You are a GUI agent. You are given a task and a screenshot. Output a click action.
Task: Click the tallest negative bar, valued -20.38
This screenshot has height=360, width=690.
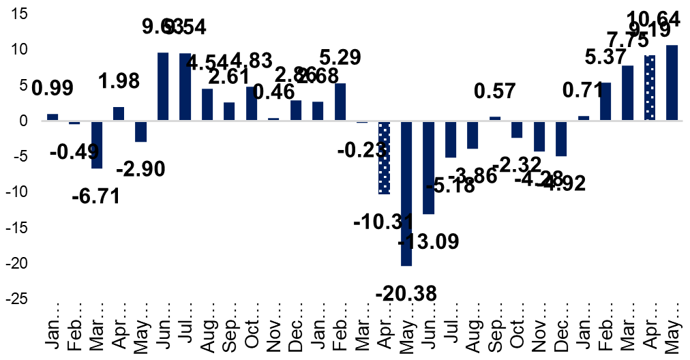pos(406,194)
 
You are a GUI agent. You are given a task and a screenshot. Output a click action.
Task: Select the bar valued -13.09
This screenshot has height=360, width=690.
pos(428,168)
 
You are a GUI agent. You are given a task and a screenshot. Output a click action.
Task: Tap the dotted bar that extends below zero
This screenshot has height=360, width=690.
pos(385,158)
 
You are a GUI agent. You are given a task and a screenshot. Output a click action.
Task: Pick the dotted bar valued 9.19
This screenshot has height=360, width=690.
pos(650,88)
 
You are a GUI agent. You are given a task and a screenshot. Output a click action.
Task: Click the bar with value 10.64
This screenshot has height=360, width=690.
pos(672,83)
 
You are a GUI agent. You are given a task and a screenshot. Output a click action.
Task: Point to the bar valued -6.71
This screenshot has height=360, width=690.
pos(96,145)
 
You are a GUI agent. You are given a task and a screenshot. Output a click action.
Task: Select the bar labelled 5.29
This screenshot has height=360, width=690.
pos(340,102)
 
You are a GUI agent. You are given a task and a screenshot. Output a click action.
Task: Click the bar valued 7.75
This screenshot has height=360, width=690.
pos(628,93)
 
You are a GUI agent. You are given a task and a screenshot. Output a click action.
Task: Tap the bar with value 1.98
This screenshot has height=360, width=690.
pos(119,114)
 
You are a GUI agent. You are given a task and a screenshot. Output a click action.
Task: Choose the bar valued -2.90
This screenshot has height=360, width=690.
pos(140,132)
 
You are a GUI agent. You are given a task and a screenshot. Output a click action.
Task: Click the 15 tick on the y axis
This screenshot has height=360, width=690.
pos(18,14)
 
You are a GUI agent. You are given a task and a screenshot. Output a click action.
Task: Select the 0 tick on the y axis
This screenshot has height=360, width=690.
pos(23,121)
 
